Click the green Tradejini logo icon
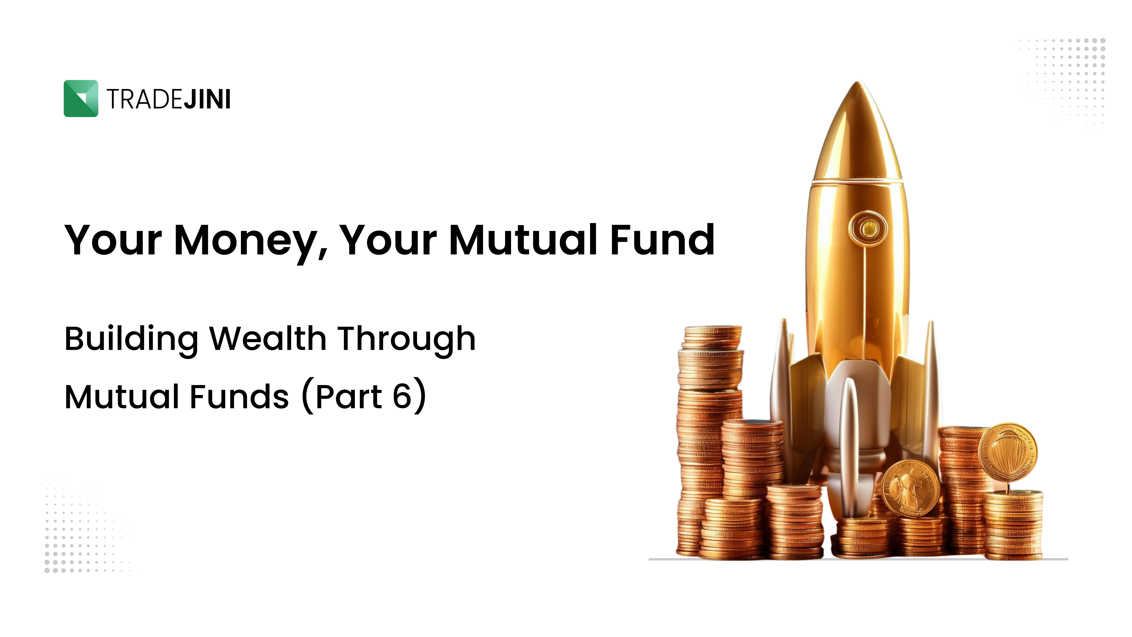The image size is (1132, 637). [x=81, y=99]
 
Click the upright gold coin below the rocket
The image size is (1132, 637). [x=910, y=488]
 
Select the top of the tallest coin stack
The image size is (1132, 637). [x=712, y=329]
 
